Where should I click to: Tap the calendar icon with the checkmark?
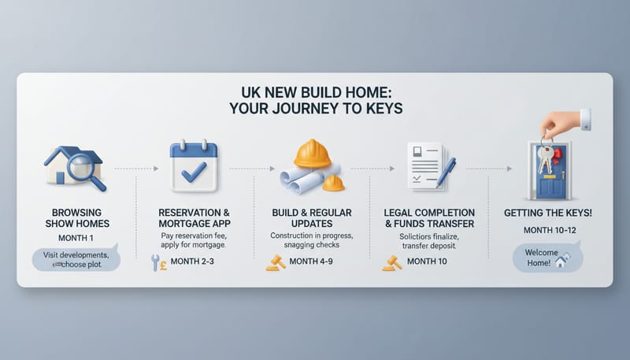pyautogui.click(x=193, y=167)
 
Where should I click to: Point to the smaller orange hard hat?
pyautogui.click(x=334, y=183)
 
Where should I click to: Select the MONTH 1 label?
pyautogui.click(x=76, y=239)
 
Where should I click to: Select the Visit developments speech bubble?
pyautogui.click(x=76, y=259)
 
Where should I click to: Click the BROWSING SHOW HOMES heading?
pyautogui.click(x=76, y=218)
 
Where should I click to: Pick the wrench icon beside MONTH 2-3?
pyautogui.click(x=154, y=262)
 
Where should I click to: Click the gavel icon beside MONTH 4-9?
pyautogui.click(x=275, y=262)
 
